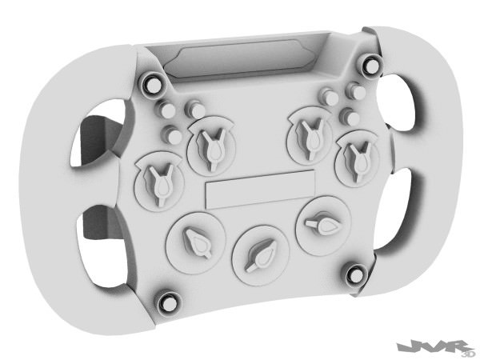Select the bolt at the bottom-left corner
167,302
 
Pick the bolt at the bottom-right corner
354,276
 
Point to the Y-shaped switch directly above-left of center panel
210,146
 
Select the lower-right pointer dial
322,226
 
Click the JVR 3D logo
436,346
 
